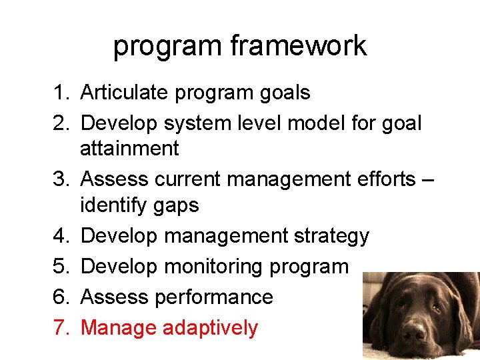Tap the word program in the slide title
(167, 46)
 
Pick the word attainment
(129, 149)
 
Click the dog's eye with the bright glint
(437, 309)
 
